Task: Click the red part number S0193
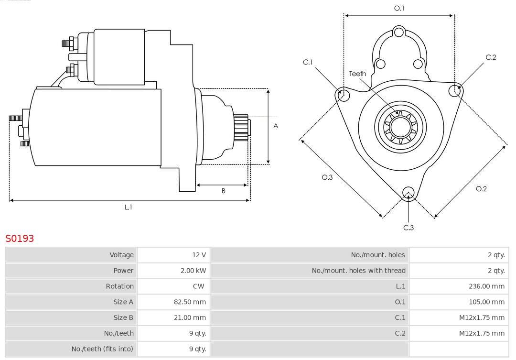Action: (x=20, y=238)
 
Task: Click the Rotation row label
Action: (x=119, y=286)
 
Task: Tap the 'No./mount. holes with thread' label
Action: (x=358, y=271)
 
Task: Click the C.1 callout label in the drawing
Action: (x=308, y=62)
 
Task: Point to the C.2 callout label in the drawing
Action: (x=491, y=57)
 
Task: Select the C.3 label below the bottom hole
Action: (x=408, y=228)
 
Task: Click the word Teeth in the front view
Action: (x=357, y=74)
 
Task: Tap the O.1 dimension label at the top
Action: (x=399, y=8)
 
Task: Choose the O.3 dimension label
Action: (x=327, y=177)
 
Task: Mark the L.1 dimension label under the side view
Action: (x=128, y=207)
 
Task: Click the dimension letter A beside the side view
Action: (x=276, y=126)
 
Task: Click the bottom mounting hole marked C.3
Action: (x=408, y=193)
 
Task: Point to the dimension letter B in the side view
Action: (x=223, y=191)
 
